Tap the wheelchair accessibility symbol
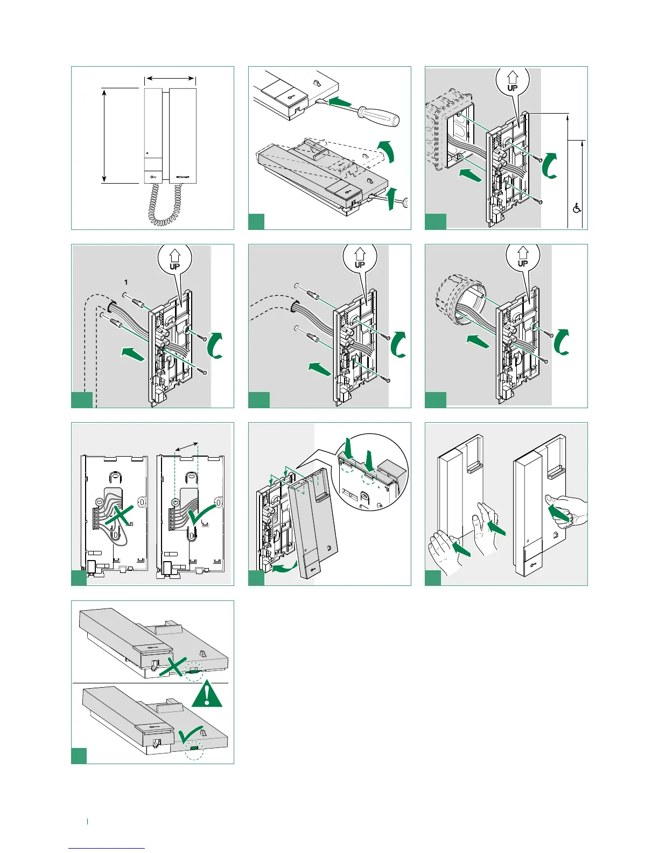[x=577, y=207]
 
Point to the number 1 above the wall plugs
[x=126, y=282]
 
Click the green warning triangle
[x=207, y=695]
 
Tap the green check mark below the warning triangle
[x=193, y=735]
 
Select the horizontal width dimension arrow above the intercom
[x=170, y=79]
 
